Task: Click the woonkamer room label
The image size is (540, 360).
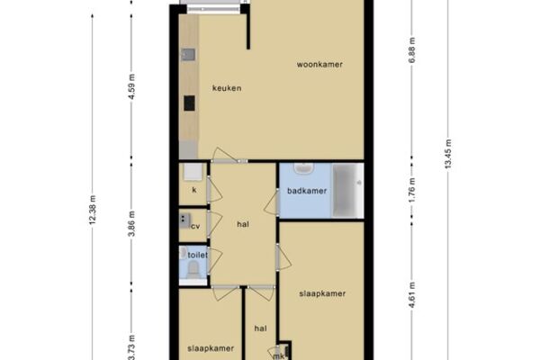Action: tap(319, 65)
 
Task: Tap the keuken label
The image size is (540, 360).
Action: tap(227, 88)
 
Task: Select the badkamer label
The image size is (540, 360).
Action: tap(307, 191)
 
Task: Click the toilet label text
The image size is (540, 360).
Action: tap(198, 255)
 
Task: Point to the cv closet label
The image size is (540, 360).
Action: tap(195, 227)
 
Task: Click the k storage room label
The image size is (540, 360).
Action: tap(194, 190)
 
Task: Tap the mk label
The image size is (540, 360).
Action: tap(278, 356)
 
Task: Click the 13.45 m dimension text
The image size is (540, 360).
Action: tap(447, 154)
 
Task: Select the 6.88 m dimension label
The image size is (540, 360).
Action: tap(412, 50)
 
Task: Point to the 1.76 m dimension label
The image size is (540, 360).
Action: tap(412, 191)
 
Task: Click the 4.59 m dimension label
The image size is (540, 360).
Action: tap(131, 86)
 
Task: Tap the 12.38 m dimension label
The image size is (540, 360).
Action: tap(93, 210)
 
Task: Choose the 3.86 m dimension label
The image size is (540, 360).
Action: tap(131, 224)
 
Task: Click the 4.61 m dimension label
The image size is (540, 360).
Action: tap(412, 295)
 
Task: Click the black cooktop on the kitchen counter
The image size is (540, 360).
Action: tap(189, 103)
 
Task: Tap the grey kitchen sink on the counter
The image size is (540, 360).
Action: tap(188, 55)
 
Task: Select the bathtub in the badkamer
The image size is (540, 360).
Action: tap(347, 191)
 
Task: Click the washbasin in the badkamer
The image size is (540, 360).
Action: tap(304, 168)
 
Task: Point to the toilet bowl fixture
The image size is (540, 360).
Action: tap(193, 270)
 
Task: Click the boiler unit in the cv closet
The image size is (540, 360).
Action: tap(184, 220)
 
